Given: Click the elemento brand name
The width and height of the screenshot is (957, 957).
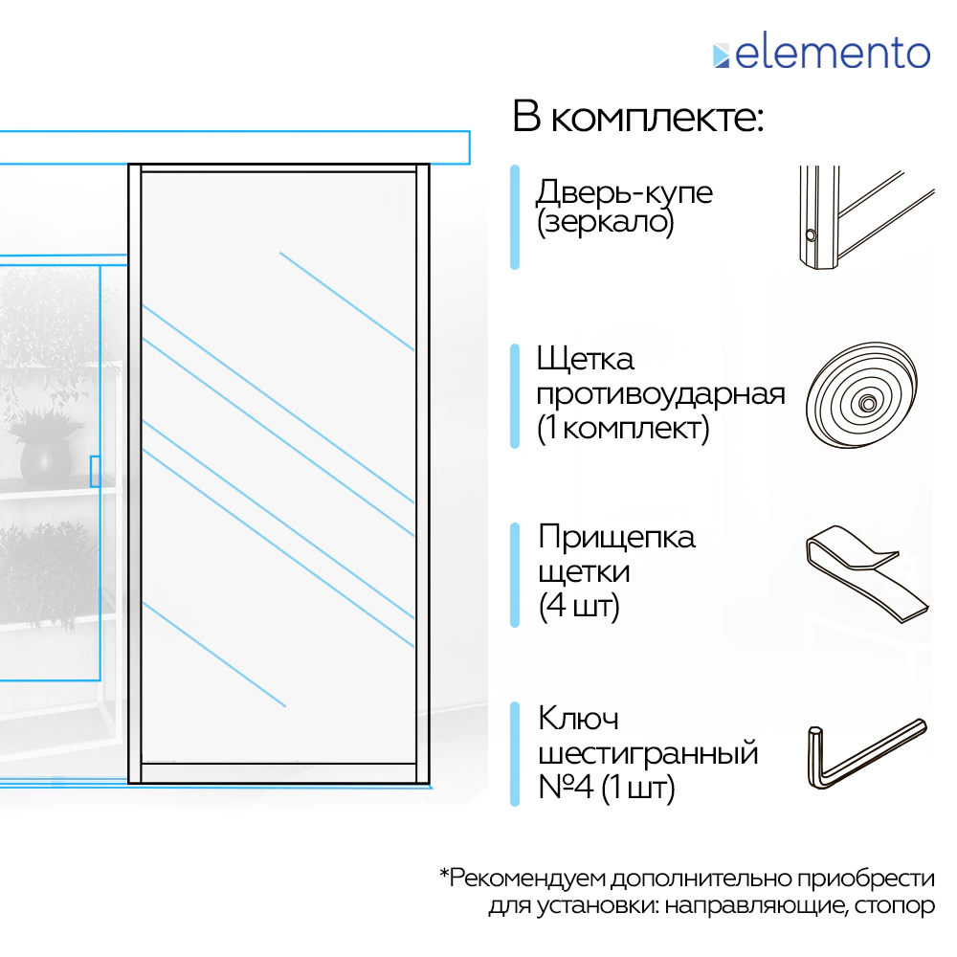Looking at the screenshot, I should coord(833,53).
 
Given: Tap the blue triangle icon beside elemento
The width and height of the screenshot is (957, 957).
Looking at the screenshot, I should coord(721,56).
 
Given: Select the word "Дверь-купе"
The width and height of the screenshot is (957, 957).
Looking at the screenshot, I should coord(624,191).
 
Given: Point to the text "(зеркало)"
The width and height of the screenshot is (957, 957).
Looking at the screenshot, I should coord(605,223).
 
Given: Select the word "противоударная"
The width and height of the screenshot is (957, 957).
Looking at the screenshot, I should coord(660,394).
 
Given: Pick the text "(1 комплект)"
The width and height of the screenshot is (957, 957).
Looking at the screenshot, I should coord(622,429).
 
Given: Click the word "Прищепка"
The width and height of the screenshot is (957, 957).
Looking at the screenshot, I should coord(616,537).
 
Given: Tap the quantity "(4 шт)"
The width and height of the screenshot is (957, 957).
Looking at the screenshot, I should coord(579,606).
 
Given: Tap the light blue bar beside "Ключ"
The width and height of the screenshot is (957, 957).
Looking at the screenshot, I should coord(514,754).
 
